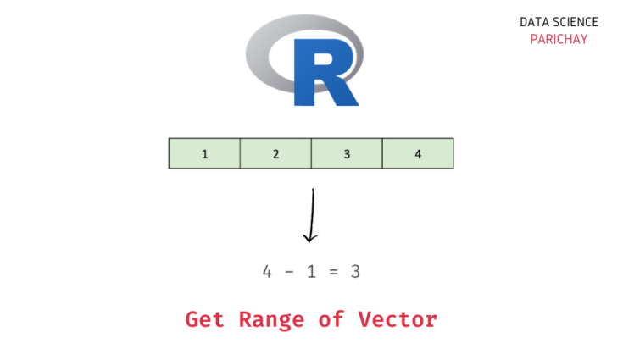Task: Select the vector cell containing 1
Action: coord(204,153)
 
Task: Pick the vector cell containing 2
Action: coord(275,153)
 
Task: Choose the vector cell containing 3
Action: coord(347,153)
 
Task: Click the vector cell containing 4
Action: coord(418,153)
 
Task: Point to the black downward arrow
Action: coord(312,215)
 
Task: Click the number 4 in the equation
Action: coord(267,272)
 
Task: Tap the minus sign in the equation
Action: coord(289,272)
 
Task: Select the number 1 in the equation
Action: coord(312,272)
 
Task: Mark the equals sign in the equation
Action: coord(333,272)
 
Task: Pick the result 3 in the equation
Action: coord(356,272)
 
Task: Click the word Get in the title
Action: coord(204,319)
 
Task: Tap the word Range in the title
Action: coord(271,321)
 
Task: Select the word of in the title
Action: coord(331,319)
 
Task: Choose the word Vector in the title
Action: coord(398,319)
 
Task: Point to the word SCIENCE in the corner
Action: coord(576,22)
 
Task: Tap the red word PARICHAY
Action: coord(559,39)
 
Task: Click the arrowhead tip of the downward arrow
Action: coord(310,242)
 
